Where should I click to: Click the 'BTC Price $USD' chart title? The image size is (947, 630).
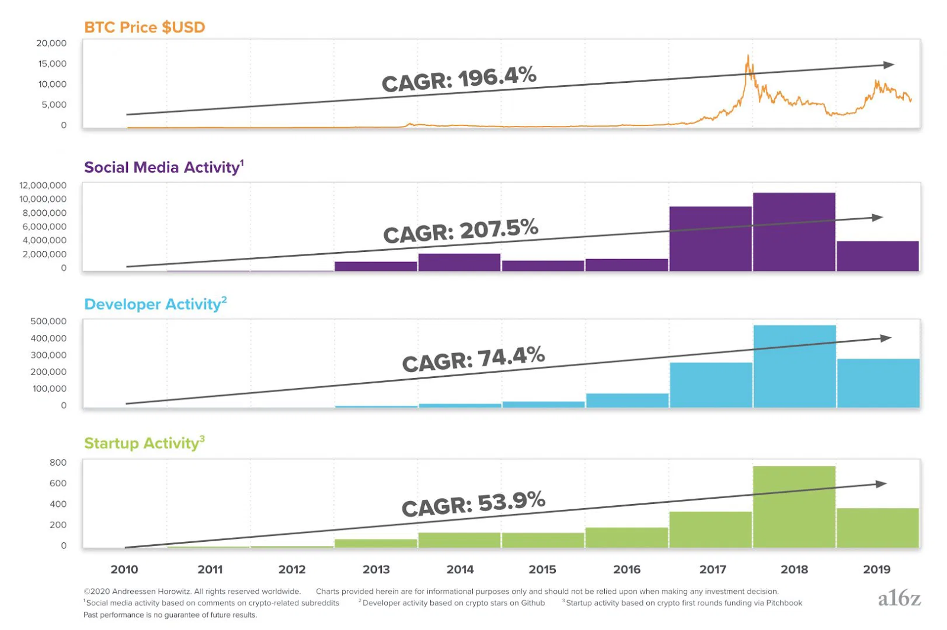click(x=144, y=27)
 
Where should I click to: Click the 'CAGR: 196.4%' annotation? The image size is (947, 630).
click(x=459, y=79)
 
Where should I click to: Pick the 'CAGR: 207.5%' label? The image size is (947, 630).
click(x=460, y=231)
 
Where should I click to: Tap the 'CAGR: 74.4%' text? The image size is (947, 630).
click(x=473, y=359)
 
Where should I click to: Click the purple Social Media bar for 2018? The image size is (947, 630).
click(x=794, y=232)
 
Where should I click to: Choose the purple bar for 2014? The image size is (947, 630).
click(x=459, y=262)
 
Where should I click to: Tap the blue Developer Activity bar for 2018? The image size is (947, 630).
click(x=794, y=366)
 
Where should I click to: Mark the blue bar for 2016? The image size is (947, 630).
click(x=627, y=400)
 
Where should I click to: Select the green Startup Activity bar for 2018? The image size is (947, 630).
click(x=794, y=506)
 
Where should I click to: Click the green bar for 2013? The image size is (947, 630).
click(x=376, y=543)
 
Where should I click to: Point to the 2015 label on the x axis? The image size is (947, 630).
click(x=542, y=569)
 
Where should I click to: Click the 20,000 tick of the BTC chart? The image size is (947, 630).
click(x=51, y=43)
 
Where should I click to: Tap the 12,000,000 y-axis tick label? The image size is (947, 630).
click(x=43, y=185)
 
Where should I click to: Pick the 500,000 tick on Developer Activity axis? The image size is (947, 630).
click(x=49, y=321)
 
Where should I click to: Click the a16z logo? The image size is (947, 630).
click(x=899, y=598)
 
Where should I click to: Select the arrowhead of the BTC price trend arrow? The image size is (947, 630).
click(x=890, y=64)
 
